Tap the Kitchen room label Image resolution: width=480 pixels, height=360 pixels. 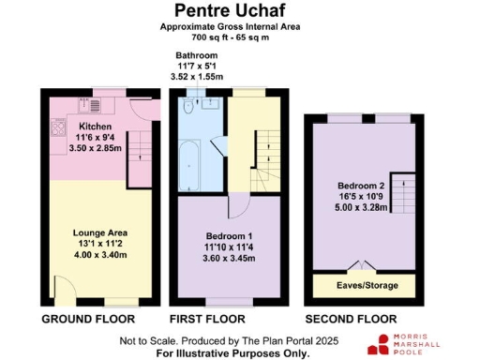coord(95,127)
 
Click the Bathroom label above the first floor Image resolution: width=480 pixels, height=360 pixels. coord(196,56)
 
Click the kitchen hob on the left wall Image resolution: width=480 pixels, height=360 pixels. coord(57,126)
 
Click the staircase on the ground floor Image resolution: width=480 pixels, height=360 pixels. coord(139,157)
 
